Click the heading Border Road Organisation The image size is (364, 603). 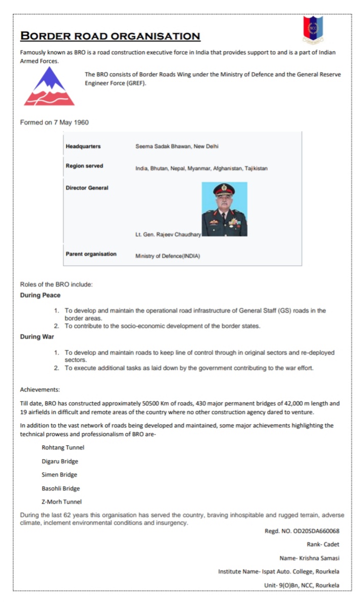(x=110, y=36)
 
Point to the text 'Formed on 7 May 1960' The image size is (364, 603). (x=54, y=122)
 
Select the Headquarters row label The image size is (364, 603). (x=83, y=146)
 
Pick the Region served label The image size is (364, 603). (x=84, y=166)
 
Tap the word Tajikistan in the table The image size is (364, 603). (x=256, y=168)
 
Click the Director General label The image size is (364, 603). (x=87, y=188)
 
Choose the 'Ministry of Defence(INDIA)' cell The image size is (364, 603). (x=167, y=256)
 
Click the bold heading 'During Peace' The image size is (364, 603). (x=40, y=295)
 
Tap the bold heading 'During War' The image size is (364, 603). (x=37, y=337)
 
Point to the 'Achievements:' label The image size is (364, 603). (x=40, y=390)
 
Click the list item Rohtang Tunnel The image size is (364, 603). (x=63, y=447)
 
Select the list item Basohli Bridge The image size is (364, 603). (x=61, y=488)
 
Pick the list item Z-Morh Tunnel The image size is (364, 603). (x=61, y=502)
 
